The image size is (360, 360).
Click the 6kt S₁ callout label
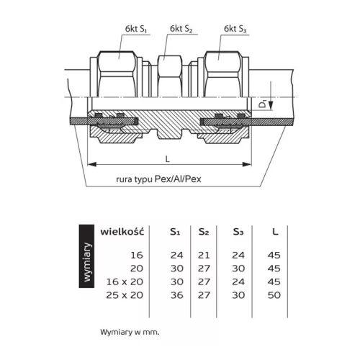coord(136,29)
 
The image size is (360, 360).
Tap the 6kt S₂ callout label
coord(181,29)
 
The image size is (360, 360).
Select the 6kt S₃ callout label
coord(235,29)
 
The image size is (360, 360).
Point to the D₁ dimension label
coord(264,104)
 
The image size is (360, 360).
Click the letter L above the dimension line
coord(168,159)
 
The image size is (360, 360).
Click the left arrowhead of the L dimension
coord(91,164)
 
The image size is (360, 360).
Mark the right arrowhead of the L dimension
coord(247,164)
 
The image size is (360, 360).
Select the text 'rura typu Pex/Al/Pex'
coord(158,179)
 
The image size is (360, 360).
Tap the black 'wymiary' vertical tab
coord(86,256)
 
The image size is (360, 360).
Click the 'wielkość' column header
coord(122,232)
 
